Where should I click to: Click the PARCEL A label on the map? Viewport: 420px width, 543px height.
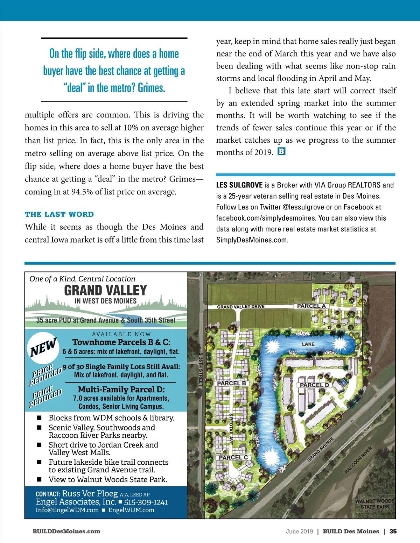[x=311, y=306]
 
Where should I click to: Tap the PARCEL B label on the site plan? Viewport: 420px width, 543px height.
[x=231, y=383]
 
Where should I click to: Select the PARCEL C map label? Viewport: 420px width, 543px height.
[x=233, y=457]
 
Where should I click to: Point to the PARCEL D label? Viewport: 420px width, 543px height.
[x=314, y=385]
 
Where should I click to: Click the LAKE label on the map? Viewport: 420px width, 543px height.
[x=308, y=344]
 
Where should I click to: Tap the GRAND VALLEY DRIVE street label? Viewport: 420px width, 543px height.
[x=240, y=307]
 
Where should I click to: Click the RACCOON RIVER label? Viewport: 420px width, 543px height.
[x=358, y=460]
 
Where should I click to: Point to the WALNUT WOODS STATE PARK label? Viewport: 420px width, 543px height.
[x=374, y=504]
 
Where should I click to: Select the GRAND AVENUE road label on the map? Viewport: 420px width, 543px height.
[x=320, y=449]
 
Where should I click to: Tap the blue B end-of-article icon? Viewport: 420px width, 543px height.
[x=281, y=151]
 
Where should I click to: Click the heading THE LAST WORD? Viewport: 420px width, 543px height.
[x=59, y=214]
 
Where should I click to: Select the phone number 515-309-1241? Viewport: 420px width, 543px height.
[x=146, y=502]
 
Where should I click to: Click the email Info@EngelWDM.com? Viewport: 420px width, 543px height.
[x=67, y=510]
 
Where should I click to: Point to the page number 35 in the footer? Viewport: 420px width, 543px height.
[x=393, y=531]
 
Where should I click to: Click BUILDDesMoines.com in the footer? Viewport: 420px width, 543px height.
[x=66, y=531]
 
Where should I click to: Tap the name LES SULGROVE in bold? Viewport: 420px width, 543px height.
[x=239, y=185]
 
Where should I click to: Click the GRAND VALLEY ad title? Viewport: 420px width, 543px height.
[x=105, y=291]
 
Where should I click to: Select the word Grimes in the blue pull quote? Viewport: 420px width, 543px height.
[x=151, y=87]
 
